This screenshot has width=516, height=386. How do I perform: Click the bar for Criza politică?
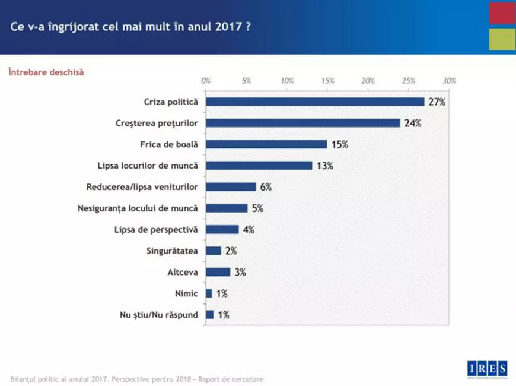point(315,102)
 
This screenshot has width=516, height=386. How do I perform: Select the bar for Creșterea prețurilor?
point(303,123)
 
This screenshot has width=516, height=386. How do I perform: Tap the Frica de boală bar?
point(266,144)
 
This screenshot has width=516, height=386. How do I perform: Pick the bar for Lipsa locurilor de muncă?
point(259,166)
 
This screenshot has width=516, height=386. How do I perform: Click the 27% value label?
point(437,102)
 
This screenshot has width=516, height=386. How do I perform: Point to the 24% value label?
point(413,124)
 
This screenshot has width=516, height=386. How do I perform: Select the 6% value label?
point(265,187)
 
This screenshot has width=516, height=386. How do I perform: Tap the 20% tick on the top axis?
point(368,80)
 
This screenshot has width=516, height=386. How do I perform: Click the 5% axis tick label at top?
point(247,80)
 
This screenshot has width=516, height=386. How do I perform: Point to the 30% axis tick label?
point(449,80)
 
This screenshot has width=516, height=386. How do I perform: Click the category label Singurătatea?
point(172,251)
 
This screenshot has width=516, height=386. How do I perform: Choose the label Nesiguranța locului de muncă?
point(138,208)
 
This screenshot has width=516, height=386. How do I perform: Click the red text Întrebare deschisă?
point(46,72)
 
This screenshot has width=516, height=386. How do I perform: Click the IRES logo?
point(486,368)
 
